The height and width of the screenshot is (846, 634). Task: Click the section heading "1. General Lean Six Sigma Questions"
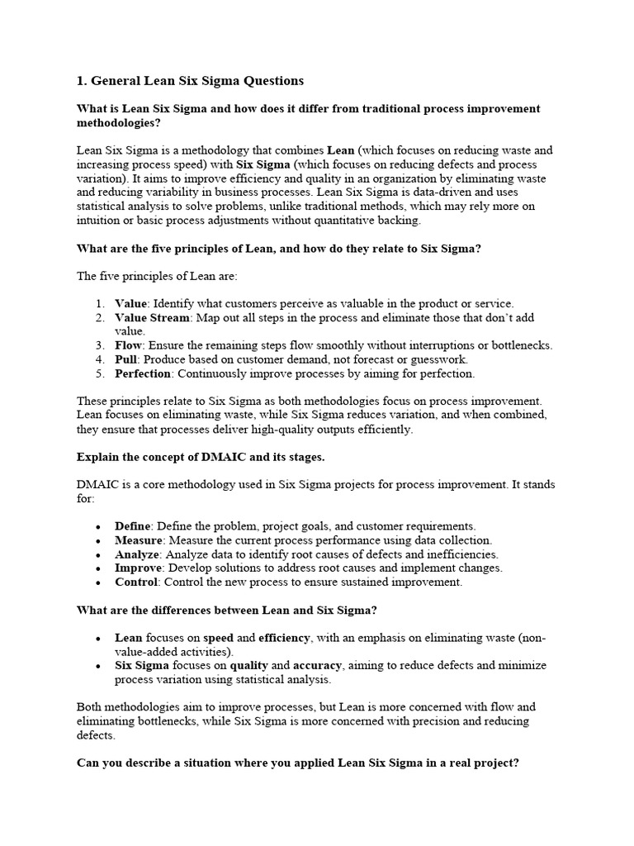click(190, 81)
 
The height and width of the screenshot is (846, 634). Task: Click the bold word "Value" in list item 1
click(131, 303)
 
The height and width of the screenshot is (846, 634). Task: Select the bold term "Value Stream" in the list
click(152, 317)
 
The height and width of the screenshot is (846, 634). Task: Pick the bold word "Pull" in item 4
click(126, 359)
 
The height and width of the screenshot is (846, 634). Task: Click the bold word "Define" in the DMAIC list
click(132, 526)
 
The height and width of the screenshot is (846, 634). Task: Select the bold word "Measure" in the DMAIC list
click(138, 540)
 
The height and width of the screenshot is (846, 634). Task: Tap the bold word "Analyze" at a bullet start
click(137, 554)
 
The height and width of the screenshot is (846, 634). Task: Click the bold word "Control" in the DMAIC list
click(135, 582)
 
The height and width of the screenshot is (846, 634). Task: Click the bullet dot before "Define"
click(98, 527)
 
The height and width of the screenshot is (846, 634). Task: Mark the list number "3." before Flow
click(99, 345)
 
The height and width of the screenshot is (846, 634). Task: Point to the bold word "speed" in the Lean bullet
click(219, 638)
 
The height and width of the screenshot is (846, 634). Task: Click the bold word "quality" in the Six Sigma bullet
click(248, 666)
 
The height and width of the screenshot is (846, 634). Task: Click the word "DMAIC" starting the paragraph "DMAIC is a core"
click(97, 484)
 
